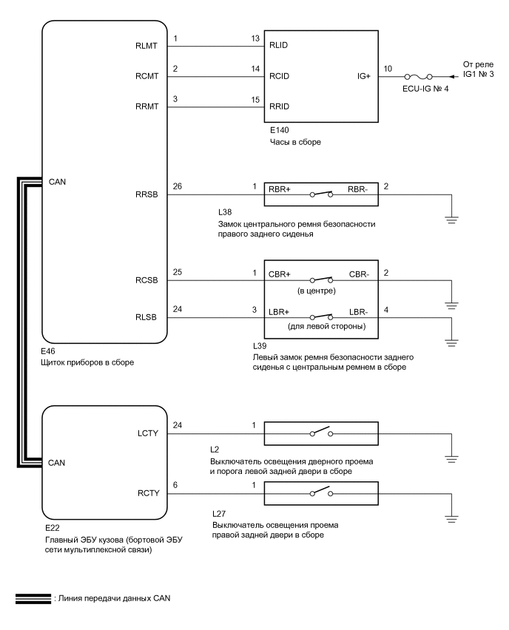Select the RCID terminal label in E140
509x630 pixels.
279,76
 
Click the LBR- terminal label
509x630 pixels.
358,313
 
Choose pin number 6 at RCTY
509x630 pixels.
175,485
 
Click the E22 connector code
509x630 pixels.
51,529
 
